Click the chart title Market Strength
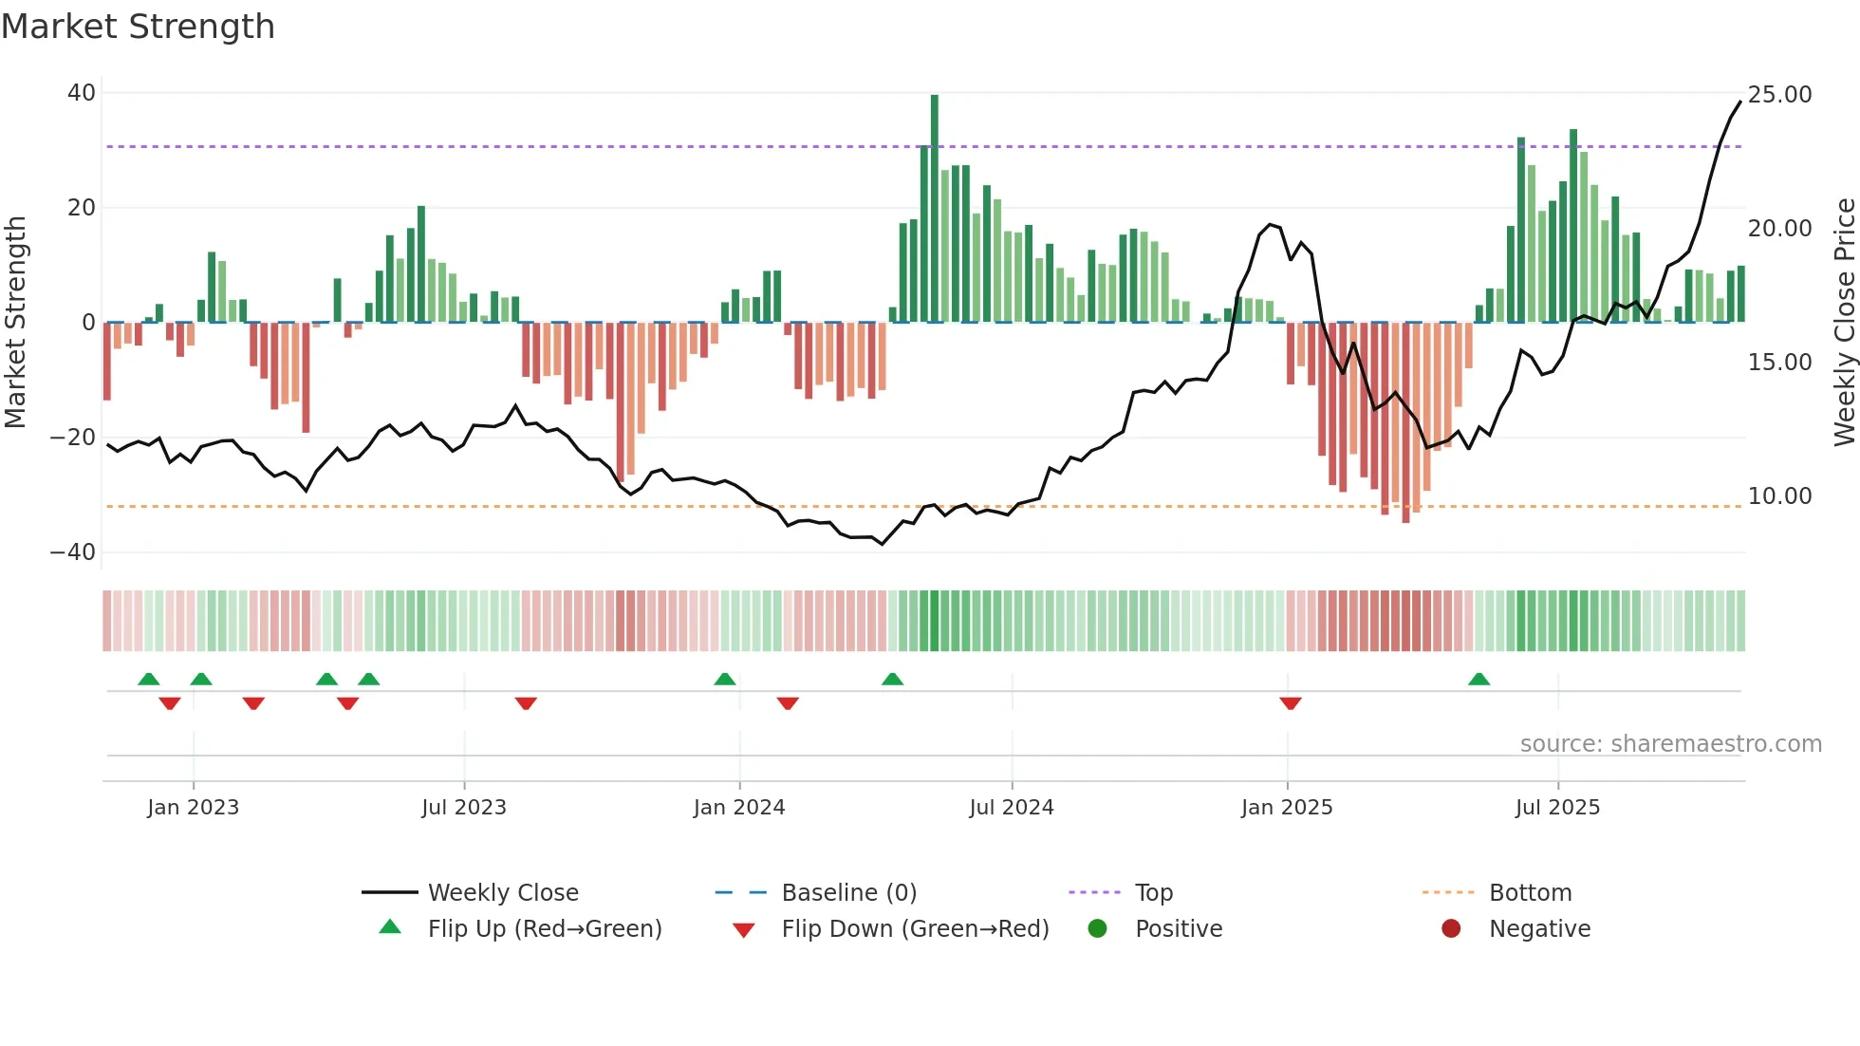tap(138, 27)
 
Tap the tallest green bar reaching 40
tap(935, 209)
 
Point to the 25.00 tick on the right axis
tap(1779, 95)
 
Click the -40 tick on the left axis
tap(73, 552)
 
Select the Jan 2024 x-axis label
tap(739, 808)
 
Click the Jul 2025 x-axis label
tap(1557, 808)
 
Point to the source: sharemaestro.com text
tap(1670, 744)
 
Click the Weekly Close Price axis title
tap(1844, 323)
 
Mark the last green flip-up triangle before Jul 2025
tap(1479, 680)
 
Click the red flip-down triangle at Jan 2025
tap(1291, 703)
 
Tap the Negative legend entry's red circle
tap(1451, 929)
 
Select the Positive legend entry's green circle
tap(1097, 929)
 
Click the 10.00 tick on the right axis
tap(1779, 496)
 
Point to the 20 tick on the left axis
tap(82, 208)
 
